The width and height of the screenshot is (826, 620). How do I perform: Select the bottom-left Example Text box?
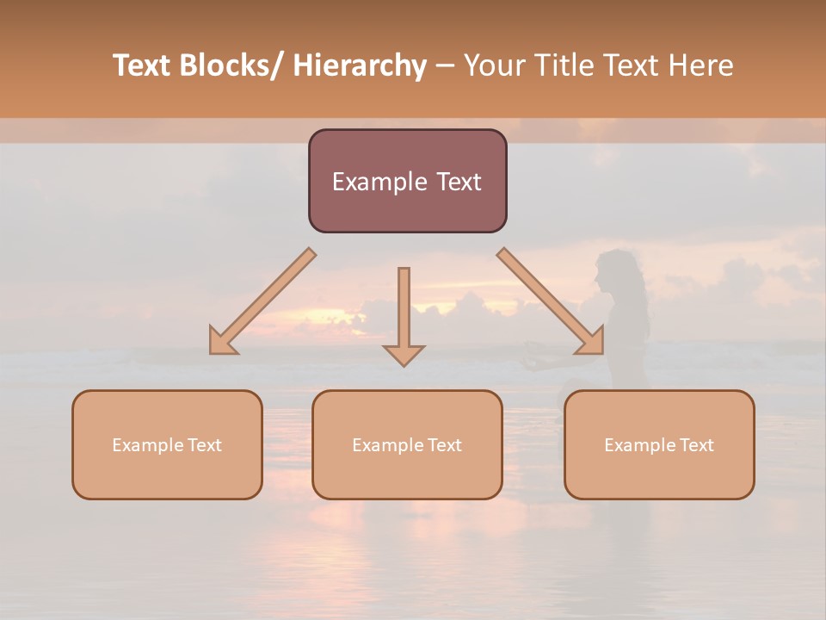tap(167, 444)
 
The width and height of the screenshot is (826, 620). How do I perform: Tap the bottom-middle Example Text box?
tap(407, 444)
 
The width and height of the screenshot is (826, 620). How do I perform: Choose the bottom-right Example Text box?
tap(659, 444)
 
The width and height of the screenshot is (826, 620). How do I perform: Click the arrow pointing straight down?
tap(404, 314)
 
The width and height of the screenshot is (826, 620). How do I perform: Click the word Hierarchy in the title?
tap(360, 65)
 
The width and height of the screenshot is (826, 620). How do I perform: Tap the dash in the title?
tap(445, 65)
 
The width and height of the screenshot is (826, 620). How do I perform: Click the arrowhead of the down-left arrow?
tap(222, 342)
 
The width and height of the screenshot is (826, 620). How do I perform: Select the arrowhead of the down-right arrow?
tap(590, 342)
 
